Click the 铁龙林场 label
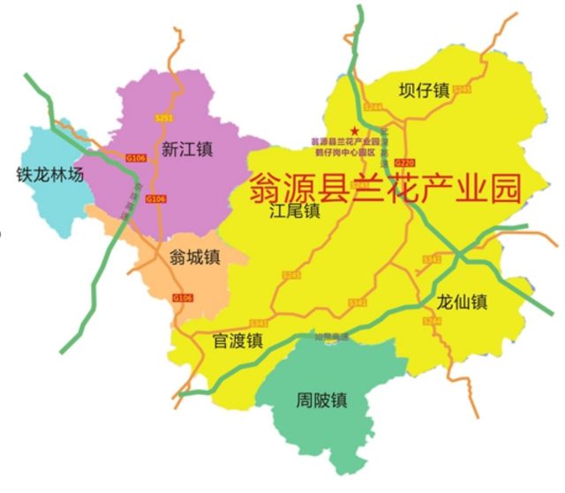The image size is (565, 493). point(49,175)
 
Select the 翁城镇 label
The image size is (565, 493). point(193,257)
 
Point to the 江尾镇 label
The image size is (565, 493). point(294,212)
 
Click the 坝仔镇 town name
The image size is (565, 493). point(424,91)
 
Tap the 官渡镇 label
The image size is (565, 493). point(237,340)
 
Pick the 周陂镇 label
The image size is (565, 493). point(320,400)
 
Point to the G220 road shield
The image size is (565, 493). point(404,163)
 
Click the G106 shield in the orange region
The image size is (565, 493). point(183,298)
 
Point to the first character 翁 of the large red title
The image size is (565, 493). point(267,187)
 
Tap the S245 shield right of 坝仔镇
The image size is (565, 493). point(464,90)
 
